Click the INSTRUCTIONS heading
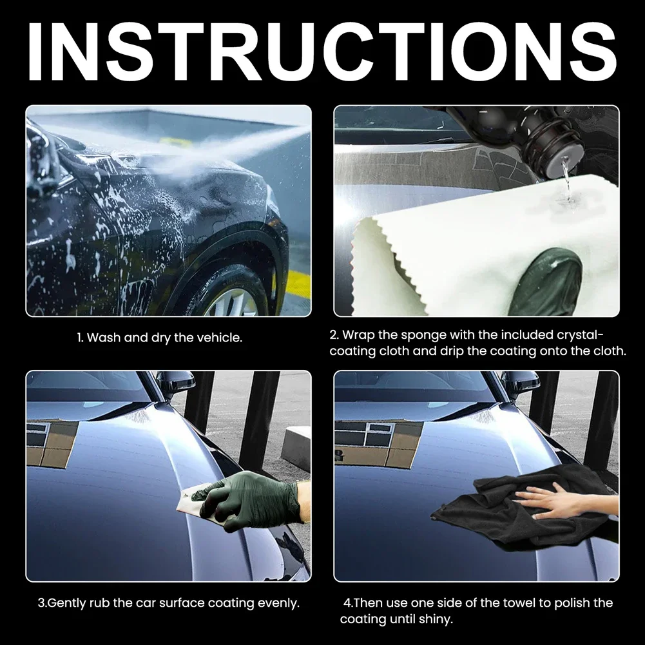[x=322, y=50]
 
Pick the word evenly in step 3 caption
[x=278, y=603]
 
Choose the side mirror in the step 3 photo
[x=175, y=383]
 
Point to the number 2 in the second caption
[x=333, y=335]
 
